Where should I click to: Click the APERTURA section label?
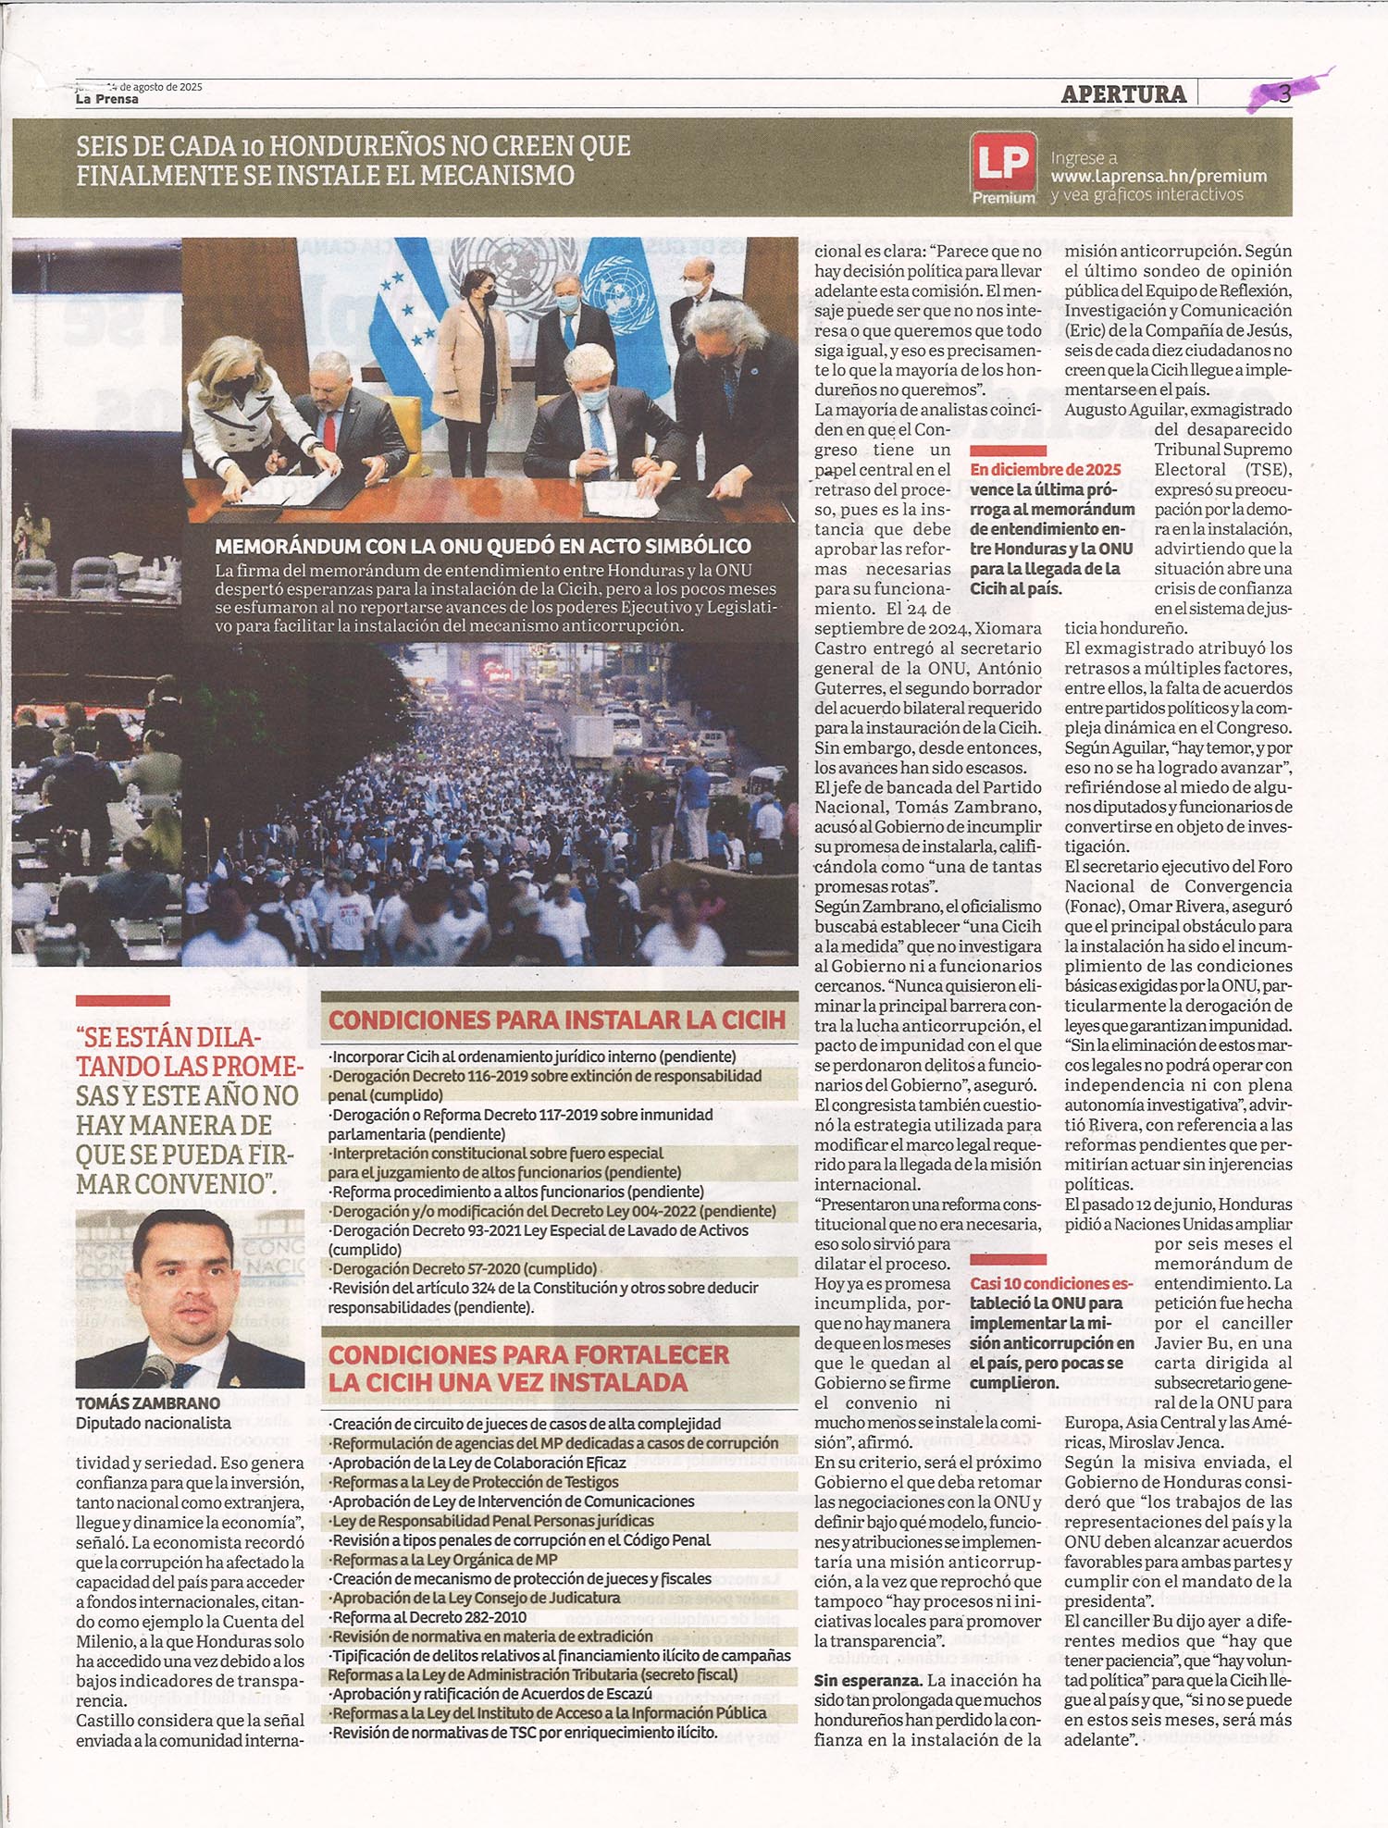click(x=1123, y=93)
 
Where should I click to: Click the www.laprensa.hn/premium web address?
click(x=1159, y=176)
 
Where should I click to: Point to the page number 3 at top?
click(x=1284, y=93)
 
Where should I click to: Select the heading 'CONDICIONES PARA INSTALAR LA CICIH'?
click(x=557, y=1020)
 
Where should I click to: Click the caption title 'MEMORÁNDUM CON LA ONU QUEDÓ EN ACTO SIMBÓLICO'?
click(x=482, y=546)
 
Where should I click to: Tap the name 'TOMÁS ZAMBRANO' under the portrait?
click(x=148, y=1403)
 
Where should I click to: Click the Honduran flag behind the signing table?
click(x=408, y=305)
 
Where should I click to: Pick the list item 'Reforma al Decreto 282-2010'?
click(x=429, y=1617)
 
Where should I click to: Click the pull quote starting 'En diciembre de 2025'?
click(x=1052, y=528)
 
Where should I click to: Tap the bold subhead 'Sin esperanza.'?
click(x=867, y=1680)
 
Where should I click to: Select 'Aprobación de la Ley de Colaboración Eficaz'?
click(x=479, y=1463)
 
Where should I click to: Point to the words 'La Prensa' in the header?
click(x=107, y=99)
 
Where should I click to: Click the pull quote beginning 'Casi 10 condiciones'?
click(x=1052, y=1332)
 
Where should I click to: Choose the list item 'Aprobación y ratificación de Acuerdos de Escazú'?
click(x=492, y=1693)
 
